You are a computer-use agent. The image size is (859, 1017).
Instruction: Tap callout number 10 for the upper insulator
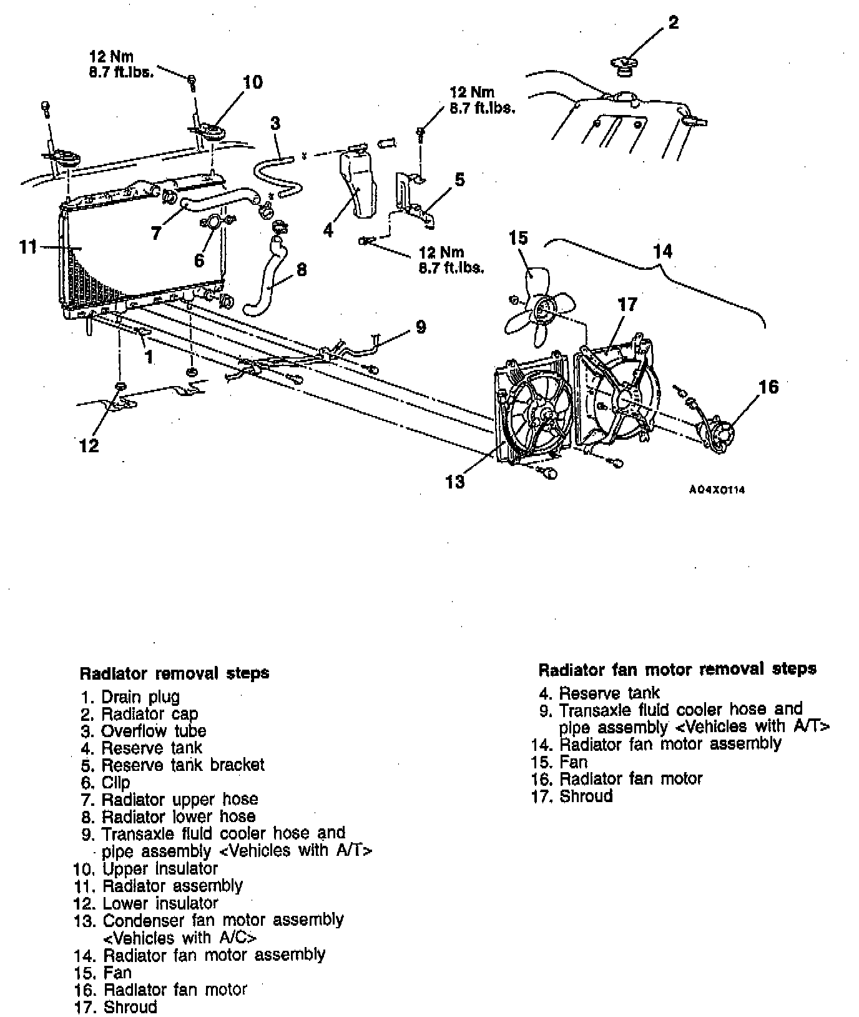[252, 82]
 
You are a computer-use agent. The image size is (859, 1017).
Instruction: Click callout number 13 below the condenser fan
[455, 482]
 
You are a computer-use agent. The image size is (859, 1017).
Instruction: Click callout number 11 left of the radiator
[28, 247]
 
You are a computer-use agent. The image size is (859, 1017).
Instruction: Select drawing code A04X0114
[717, 490]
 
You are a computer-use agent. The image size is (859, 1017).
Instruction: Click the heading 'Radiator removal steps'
[174, 673]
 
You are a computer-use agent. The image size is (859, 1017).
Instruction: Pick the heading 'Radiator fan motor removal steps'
[677, 669]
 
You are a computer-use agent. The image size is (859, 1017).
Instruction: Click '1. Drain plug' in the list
[130, 697]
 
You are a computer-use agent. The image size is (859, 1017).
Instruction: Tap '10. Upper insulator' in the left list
[145, 868]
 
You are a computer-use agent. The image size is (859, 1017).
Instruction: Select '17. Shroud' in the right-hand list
[572, 796]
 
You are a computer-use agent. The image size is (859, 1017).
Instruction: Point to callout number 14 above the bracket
[662, 251]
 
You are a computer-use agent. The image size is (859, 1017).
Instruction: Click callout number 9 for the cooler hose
[421, 327]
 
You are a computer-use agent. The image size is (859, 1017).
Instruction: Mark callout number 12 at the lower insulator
[89, 445]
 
